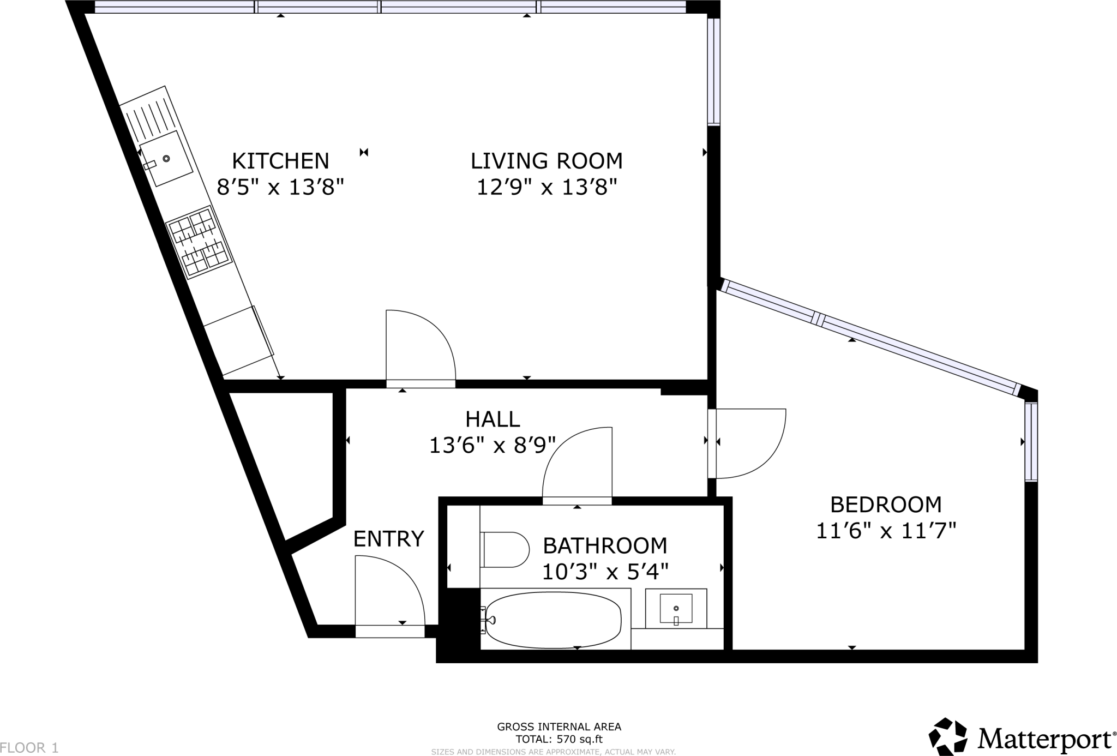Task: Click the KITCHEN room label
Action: click(x=280, y=161)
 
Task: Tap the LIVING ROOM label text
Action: click(x=547, y=161)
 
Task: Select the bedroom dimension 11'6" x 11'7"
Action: click(x=886, y=531)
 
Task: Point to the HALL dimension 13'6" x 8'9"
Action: click(x=492, y=446)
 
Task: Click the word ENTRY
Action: click(x=388, y=539)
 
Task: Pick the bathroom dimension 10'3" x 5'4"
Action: click(x=605, y=572)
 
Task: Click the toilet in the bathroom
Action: click(x=505, y=550)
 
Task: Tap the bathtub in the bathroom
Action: click(x=553, y=619)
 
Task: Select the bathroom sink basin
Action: click(x=676, y=608)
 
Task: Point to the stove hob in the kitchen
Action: click(x=197, y=242)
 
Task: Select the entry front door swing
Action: click(x=388, y=592)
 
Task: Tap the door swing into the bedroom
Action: click(x=748, y=442)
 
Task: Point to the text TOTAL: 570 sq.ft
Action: click(x=558, y=740)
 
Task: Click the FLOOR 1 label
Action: click(x=29, y=747)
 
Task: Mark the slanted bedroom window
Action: click(x=870, y=337)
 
